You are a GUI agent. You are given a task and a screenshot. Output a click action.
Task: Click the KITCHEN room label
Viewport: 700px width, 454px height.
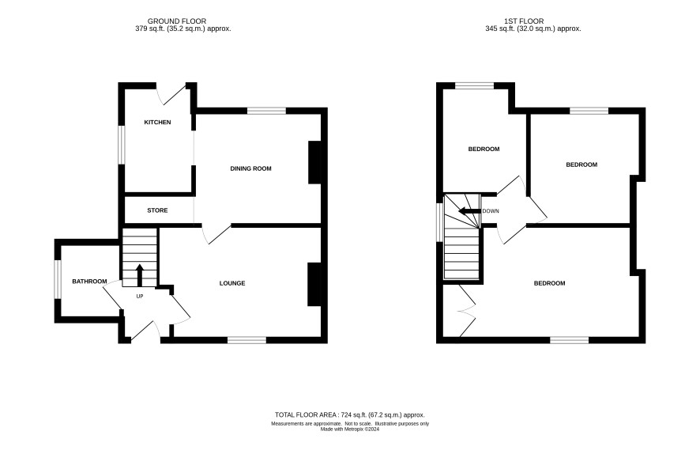click(x=157, y=123)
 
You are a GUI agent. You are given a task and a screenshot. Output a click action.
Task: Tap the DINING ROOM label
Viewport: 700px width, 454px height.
click(x=251, y=169)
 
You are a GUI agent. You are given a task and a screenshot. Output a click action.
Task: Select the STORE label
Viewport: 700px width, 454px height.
click(x=157, y=210)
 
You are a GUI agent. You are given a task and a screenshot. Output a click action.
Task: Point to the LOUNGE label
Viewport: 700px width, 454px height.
click(x=232, y=283)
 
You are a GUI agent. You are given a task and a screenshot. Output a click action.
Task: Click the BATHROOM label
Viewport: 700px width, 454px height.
click(x=90, y=282)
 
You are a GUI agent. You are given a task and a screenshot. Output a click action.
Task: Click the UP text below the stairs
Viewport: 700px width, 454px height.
click(x=140, y=297)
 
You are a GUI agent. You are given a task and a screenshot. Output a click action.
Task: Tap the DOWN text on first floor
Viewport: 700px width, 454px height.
click(x=491, y=211)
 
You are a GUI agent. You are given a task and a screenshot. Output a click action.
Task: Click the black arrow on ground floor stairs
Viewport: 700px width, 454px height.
click(x=139, y=275)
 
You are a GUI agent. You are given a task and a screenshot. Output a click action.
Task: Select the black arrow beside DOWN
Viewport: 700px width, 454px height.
click(x=470, y=211)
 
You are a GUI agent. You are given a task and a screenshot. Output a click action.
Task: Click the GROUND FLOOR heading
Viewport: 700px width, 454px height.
click(x=177, y=21)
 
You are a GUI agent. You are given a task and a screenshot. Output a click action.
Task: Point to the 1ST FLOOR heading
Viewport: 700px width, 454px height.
click(x=524, y=21)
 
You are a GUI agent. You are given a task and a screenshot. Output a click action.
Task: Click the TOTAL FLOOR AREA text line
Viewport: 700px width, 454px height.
click(x=349, y=414)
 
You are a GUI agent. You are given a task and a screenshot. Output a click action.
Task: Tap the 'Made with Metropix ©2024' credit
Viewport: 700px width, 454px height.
click(x=350, y=429)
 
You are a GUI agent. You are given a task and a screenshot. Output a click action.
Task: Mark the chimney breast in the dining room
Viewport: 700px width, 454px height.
click(x=314, y=163)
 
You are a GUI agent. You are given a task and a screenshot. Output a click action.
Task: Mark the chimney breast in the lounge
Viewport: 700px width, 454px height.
click(x=314, y=284)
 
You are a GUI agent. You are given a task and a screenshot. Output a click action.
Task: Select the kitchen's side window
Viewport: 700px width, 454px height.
click(x=122, y=144)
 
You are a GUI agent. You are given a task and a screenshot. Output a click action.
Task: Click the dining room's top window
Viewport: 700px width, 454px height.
click(x=266, y=111)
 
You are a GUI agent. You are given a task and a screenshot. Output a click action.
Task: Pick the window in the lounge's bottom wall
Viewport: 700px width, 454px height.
click(x=247, y=340)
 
